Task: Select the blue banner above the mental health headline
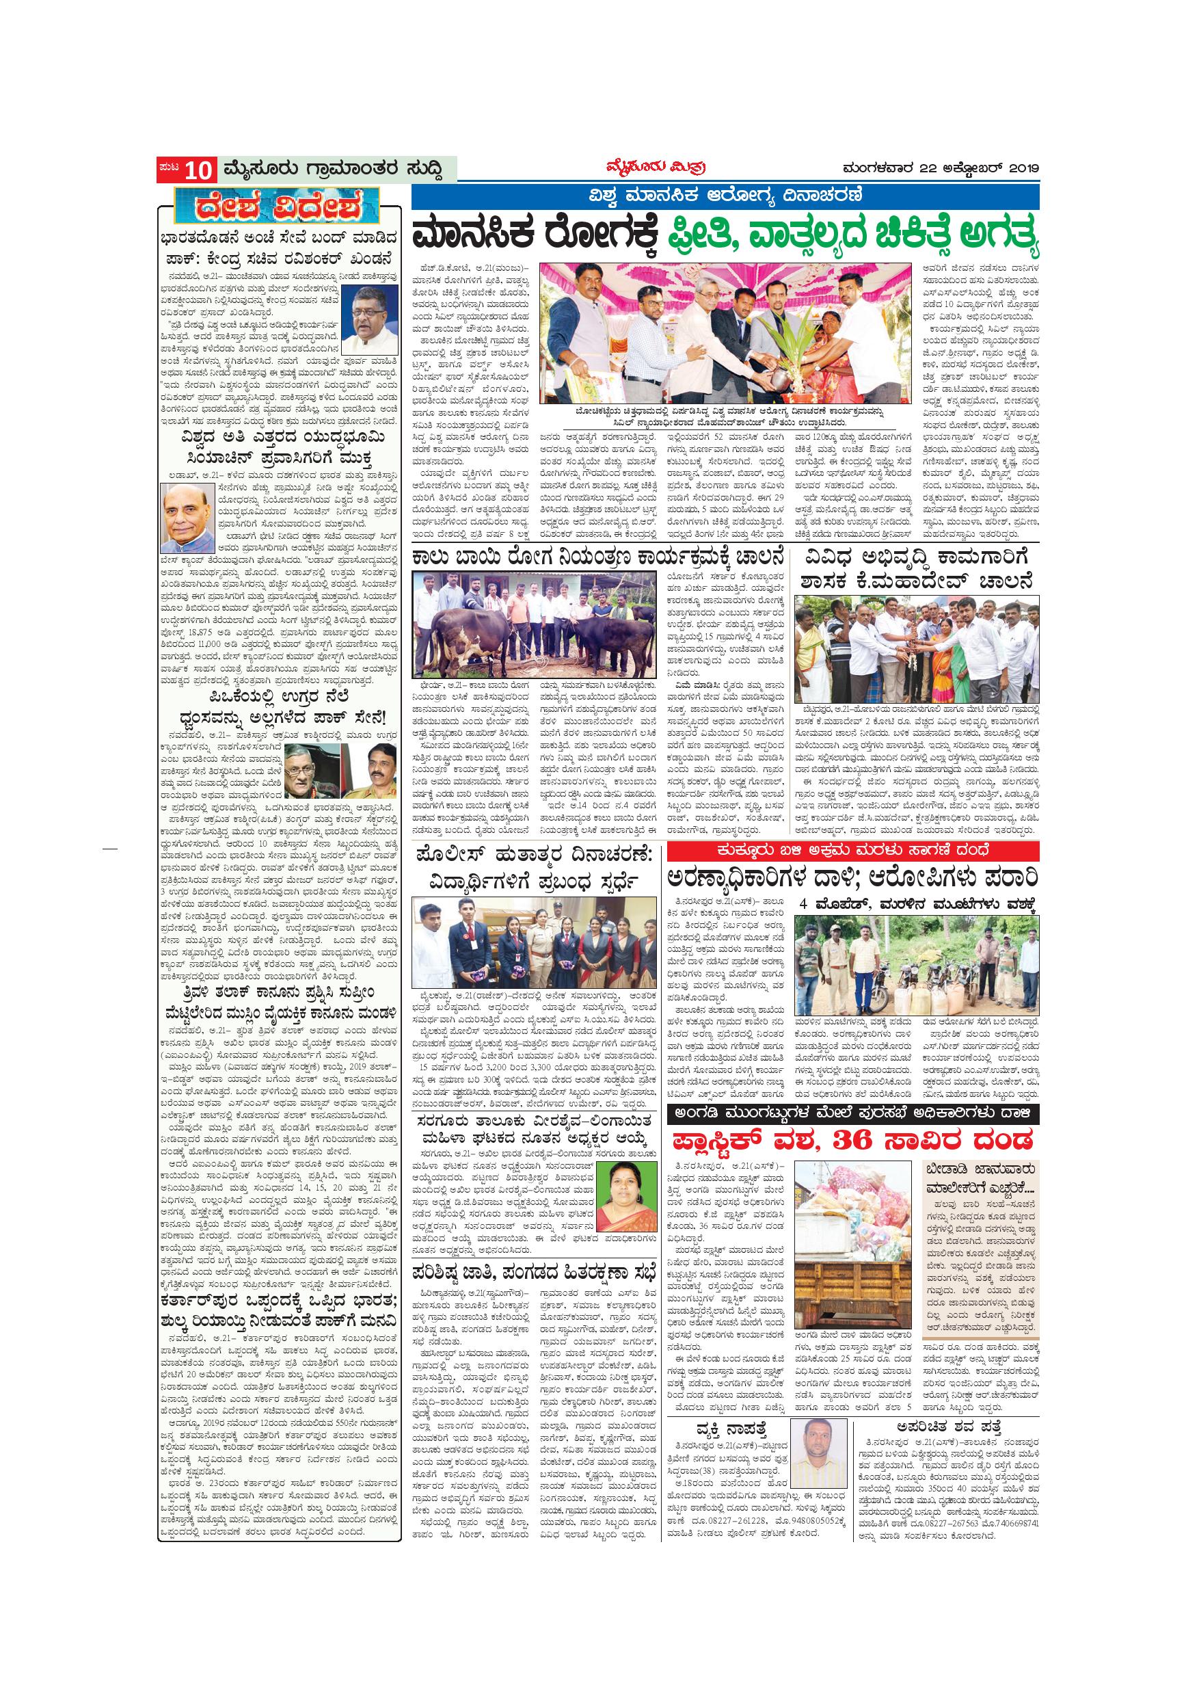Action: point(725,197)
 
